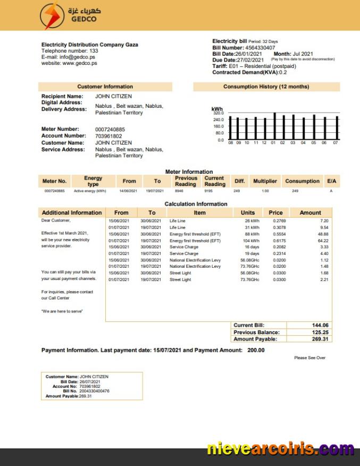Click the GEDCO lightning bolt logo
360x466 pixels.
[51, 16]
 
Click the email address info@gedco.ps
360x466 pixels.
[73, 57]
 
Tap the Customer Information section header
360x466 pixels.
[105, 87]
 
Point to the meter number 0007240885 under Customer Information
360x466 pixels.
[110, 129]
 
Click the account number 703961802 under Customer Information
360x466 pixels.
[108, 136]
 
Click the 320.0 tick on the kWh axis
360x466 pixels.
[219, 113]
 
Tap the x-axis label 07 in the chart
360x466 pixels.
[336, 143]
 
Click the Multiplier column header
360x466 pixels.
[265, 181]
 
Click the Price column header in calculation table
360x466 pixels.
[275, 213]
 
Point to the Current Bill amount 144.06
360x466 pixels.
[320, 325]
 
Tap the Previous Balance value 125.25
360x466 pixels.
[320, 332]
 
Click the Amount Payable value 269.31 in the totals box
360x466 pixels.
[320, 339]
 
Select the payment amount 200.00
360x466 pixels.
[256, 350]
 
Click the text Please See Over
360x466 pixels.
[309, 358]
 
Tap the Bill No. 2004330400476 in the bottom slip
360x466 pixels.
[94, 391]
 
